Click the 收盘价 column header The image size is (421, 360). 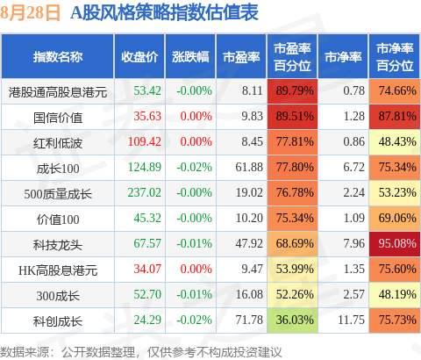point(139,57)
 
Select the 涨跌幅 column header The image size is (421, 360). point(190,57)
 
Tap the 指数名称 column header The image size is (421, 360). point(58,57)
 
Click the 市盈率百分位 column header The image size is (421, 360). point(292,57)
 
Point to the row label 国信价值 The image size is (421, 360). point(58,118)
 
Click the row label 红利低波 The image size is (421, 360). point(58,143)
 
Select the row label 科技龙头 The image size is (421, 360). point(58,245)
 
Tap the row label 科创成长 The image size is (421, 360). point(58,321)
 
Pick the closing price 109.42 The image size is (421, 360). point(145,142)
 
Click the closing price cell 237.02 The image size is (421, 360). point(145,193)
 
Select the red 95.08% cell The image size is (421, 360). point(395,244)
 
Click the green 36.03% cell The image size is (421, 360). point(292,320)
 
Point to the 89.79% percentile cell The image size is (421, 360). point(292,91)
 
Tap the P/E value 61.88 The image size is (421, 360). point(249,168)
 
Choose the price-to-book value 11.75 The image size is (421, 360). point(351,320)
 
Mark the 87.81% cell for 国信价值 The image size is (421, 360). point(395,117)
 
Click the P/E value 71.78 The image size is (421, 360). point(249,320)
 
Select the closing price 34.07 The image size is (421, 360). point(147,270)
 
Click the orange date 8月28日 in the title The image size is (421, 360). point(30,12)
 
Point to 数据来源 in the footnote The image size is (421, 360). point(25,352)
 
